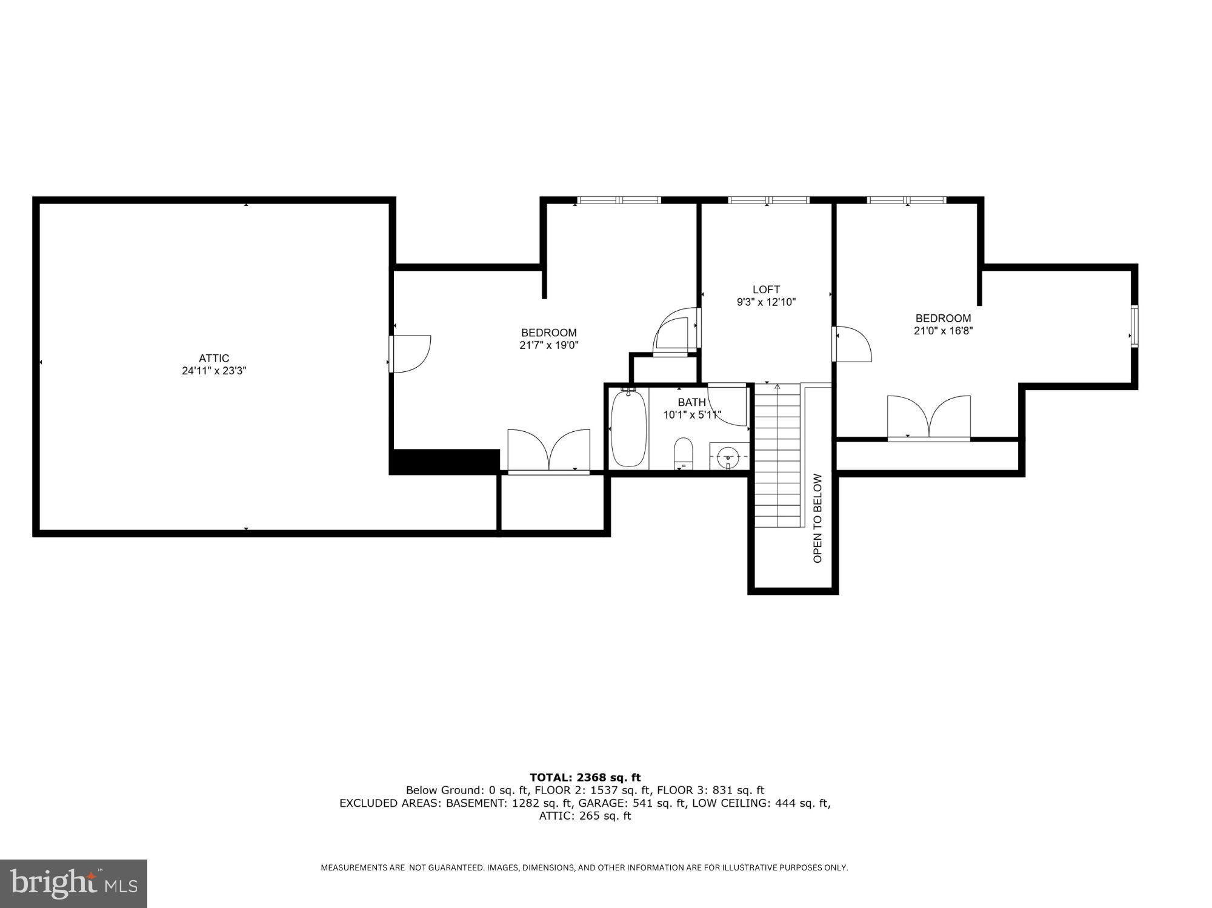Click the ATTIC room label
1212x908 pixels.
click(x=214, y=358)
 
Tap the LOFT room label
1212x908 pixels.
click(x=766, y=290)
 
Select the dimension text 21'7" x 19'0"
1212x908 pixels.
click(x=549, y=345)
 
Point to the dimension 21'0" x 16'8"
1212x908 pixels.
click(x=943, y=331)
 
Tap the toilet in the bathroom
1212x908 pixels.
click(x=683, y=453)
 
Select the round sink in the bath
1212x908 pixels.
click(x=728, y=456)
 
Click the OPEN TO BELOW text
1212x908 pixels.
click(x=817, y=518)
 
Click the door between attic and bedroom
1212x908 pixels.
click(x=410, y=354)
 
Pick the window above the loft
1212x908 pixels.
click(x=768, y=200)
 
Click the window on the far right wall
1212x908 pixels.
click(x=1134, y=326)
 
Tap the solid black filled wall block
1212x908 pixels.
click(x=444, y=462)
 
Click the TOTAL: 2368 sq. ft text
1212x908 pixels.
click(x=585, y=777)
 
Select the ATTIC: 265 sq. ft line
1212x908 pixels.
click(x=585, y=815)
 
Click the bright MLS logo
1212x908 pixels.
click(x=73, y=883)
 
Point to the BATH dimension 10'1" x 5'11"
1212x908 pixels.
click(x=691, y=415)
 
